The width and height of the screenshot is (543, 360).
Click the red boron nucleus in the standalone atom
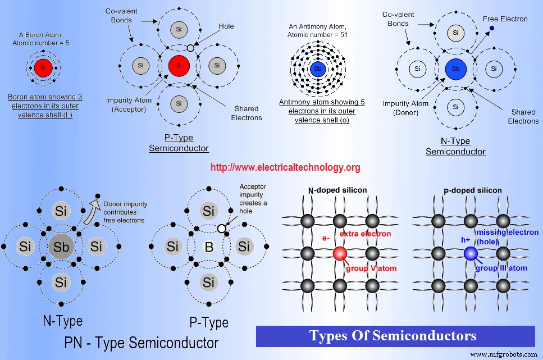[42, 69]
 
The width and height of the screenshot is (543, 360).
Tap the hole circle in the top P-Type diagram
[190, 48]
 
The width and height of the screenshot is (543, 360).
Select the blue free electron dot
[491, 28]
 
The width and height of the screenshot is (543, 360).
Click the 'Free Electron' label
[505, 19]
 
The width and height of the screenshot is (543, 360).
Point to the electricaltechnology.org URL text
[285, 167]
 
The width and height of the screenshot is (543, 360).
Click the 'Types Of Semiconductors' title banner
[393, 336]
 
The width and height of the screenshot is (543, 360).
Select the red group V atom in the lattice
[339, 253]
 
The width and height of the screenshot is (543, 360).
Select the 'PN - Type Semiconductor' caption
[142, 343]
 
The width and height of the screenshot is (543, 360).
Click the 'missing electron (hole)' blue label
[506, 236]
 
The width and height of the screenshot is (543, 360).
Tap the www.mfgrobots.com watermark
[503, 354]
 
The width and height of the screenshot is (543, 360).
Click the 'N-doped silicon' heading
[337, 190]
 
